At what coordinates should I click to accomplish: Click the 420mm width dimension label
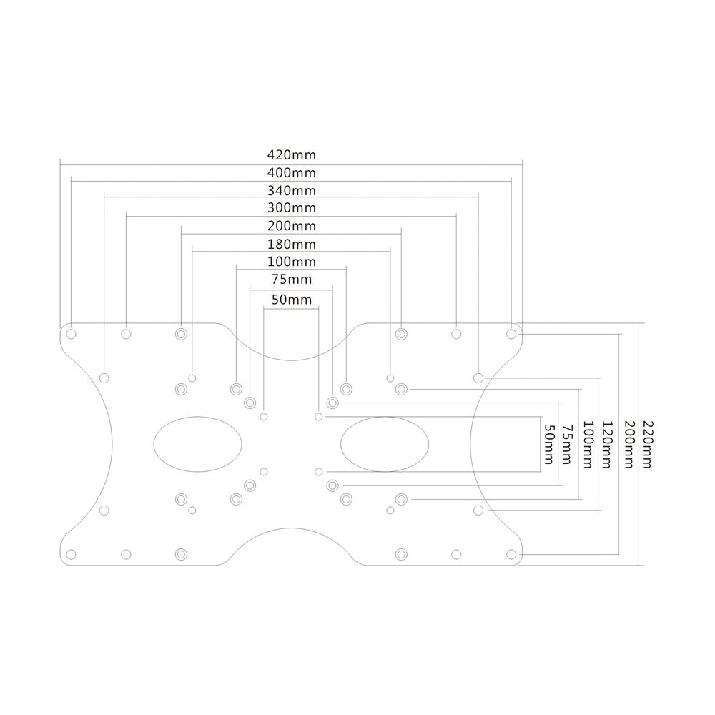pyautogui.click(x=292, y=155)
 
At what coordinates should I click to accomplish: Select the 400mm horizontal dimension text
pyautogui.click(x=292, y=173)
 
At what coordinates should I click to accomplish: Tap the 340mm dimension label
pyautogui.click(x=292, y=190)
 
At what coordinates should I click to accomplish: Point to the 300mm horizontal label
pyautogui.click(x=292, y=208)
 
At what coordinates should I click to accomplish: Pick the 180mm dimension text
pyautogui.click(x=292, y=245)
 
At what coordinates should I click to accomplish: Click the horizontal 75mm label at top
pyautogui.click(x=292, y=279)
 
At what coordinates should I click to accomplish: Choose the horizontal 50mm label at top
pyautogui.click(x=292, y=300)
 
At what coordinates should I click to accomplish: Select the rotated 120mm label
pyautogui.click(x=606, y=444)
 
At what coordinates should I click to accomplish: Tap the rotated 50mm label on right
pyautogui.click(x=549, y=445)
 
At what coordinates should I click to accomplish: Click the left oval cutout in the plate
pyautogui.click(x=197, y=444)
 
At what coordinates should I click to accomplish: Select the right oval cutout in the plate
pyautogui.click(x=385, y=444)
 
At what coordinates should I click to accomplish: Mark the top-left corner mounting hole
pyautogui.click(x=71, y=334)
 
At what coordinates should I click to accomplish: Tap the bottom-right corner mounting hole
pyautogui.click(x=511, y=555)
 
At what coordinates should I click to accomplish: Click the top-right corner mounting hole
pyautogui.click(x=511, y=334)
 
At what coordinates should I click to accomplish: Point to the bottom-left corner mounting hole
pyautogui.click(x=71, y=555)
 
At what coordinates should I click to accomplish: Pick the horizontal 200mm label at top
pyautogui.click(x=292, y=226)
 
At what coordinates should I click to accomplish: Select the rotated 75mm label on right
pyautogui.click(x=567, y=445)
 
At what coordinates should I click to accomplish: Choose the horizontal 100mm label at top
pyautogui.click(x=292, y=262)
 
